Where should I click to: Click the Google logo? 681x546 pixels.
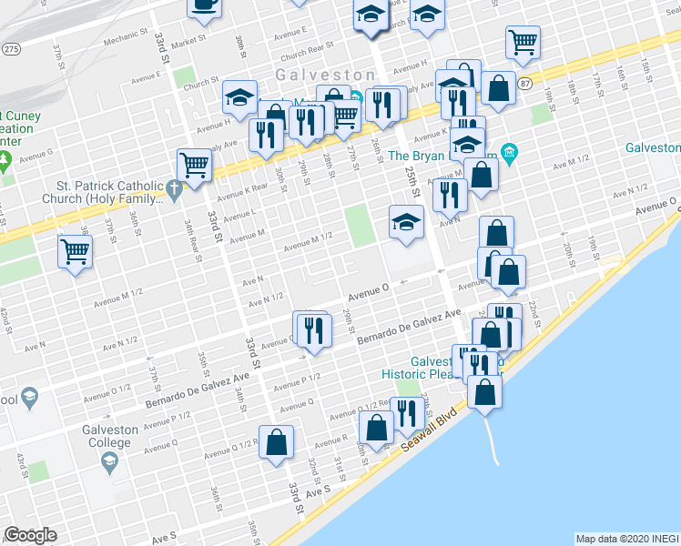coord(30,535)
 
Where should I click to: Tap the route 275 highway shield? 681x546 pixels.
coord(12,48)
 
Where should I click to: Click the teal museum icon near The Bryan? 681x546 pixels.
coord(508,152)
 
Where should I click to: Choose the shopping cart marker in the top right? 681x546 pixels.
coord(523,41)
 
